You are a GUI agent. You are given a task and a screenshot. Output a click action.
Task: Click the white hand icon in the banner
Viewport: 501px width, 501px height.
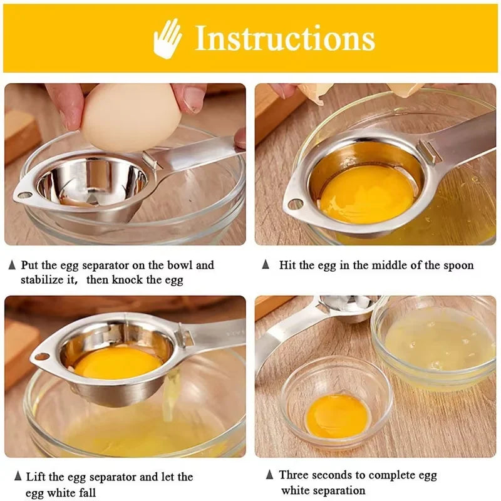pyautogui.click(x=167, y=38)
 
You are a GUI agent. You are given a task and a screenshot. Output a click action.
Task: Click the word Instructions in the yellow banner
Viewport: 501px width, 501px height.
pyautogui.click(x=285, y=38)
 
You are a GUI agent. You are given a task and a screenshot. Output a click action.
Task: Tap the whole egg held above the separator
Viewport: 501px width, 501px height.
pyautogui.click(x=131, y=117)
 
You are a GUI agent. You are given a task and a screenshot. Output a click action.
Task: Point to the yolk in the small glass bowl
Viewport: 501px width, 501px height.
pyautogui.click(x=338, y=416)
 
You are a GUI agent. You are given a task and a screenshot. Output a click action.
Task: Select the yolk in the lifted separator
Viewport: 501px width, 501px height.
pyautogui.click(x=118, y=363)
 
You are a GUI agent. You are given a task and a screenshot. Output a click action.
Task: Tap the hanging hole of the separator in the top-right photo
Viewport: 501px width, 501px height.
pyautogui.click(x=296, y=204)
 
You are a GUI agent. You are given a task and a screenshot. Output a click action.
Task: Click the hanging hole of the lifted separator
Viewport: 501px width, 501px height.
pyautogui.click(x=42, y=356)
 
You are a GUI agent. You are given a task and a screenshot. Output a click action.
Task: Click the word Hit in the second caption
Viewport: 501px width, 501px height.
pyautogui.click(x=287, y=265)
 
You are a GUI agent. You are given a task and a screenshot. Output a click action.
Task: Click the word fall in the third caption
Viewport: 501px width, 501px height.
pyautogui.click(x=87, y=492)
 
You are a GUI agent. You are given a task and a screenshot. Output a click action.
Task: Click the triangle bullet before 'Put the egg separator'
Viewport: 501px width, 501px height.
pyautogui.click(x=12, y=265)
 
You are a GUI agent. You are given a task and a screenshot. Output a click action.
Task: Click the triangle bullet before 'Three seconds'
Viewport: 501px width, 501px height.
pyautogui.click(x=270, y=475)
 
